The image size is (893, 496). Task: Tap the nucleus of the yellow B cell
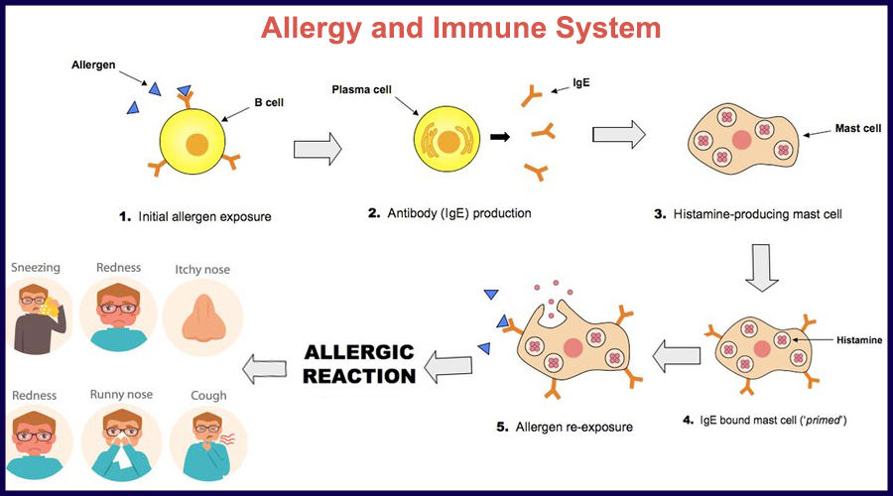pyautogui.click(x=196, y=145)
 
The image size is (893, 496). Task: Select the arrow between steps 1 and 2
pyautogui.click(x=318, y=150)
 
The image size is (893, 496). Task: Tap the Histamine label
pyautogui.click(x=857, y=340)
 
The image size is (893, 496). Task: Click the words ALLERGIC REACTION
pyautogui.click(x=359, y=363)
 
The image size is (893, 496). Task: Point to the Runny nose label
pyautogui.click(x=121, y=395)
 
